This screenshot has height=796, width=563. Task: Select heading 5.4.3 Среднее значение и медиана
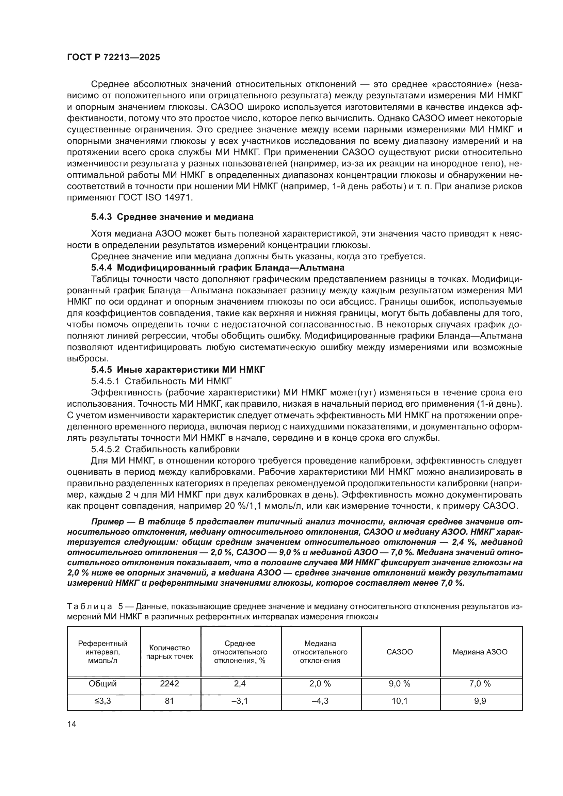(x=172, y=217)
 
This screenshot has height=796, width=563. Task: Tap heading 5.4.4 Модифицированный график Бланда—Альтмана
(x=218, y=267)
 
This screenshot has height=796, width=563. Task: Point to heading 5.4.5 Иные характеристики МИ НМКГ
(x=178, y=370)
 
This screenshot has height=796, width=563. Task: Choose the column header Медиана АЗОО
(x=480, y=652)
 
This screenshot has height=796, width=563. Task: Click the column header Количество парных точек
(x=170, y=652)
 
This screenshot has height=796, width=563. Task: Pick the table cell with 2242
(x=170, y=684)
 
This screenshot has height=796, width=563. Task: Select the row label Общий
(x=102, y=684)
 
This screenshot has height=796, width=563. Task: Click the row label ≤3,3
(x=102, y=701)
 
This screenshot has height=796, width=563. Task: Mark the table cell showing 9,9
(x=480, y=701)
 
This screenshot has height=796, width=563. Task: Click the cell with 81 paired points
(x=170, y=701)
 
